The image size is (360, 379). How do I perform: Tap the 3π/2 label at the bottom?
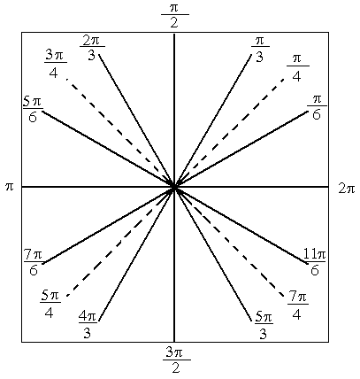(176, 360)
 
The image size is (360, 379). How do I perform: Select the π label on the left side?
(10, 187)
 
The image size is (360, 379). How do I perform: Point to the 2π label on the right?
(347, 189)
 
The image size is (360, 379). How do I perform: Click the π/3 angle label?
(260, 49)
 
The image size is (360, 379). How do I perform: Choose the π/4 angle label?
(297, 68)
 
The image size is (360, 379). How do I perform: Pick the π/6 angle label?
(317, 107)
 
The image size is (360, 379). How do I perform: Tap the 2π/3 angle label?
(92, 48)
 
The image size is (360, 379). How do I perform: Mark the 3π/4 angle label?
(56, 64)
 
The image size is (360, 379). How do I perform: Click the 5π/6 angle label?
(33, 110)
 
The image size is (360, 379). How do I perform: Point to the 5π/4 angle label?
(50, 305)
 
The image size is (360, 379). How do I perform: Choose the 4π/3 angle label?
(88, 324)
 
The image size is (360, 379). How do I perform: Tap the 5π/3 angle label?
(264, 326)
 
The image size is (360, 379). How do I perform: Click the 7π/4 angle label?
(297, 306)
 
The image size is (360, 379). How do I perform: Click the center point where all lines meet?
(174, 187)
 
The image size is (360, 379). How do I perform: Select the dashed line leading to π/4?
(229, 133)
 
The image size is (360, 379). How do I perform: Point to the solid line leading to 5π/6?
(108, 149)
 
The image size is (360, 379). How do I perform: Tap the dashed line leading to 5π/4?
(120, 241)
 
